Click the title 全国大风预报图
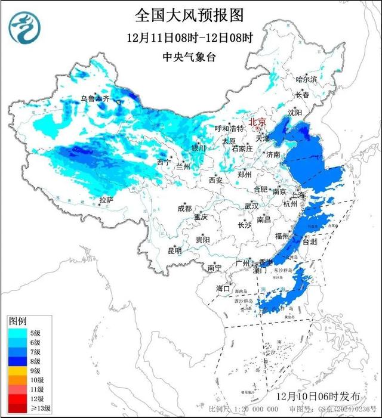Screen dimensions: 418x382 [x=190, y=14]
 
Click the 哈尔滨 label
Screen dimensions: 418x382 [x=308, y=79]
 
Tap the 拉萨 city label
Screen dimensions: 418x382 [x=106, y=200]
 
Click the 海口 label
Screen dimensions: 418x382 [x=223, y=288]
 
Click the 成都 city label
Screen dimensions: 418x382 [x=184, y=208]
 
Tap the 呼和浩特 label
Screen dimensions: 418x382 [x=230, y=128]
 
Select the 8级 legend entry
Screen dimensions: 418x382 [x=24, y=361]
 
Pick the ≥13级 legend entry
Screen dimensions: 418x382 [x=24, y=408]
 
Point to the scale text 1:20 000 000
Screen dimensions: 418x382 [x=251, y=410]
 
